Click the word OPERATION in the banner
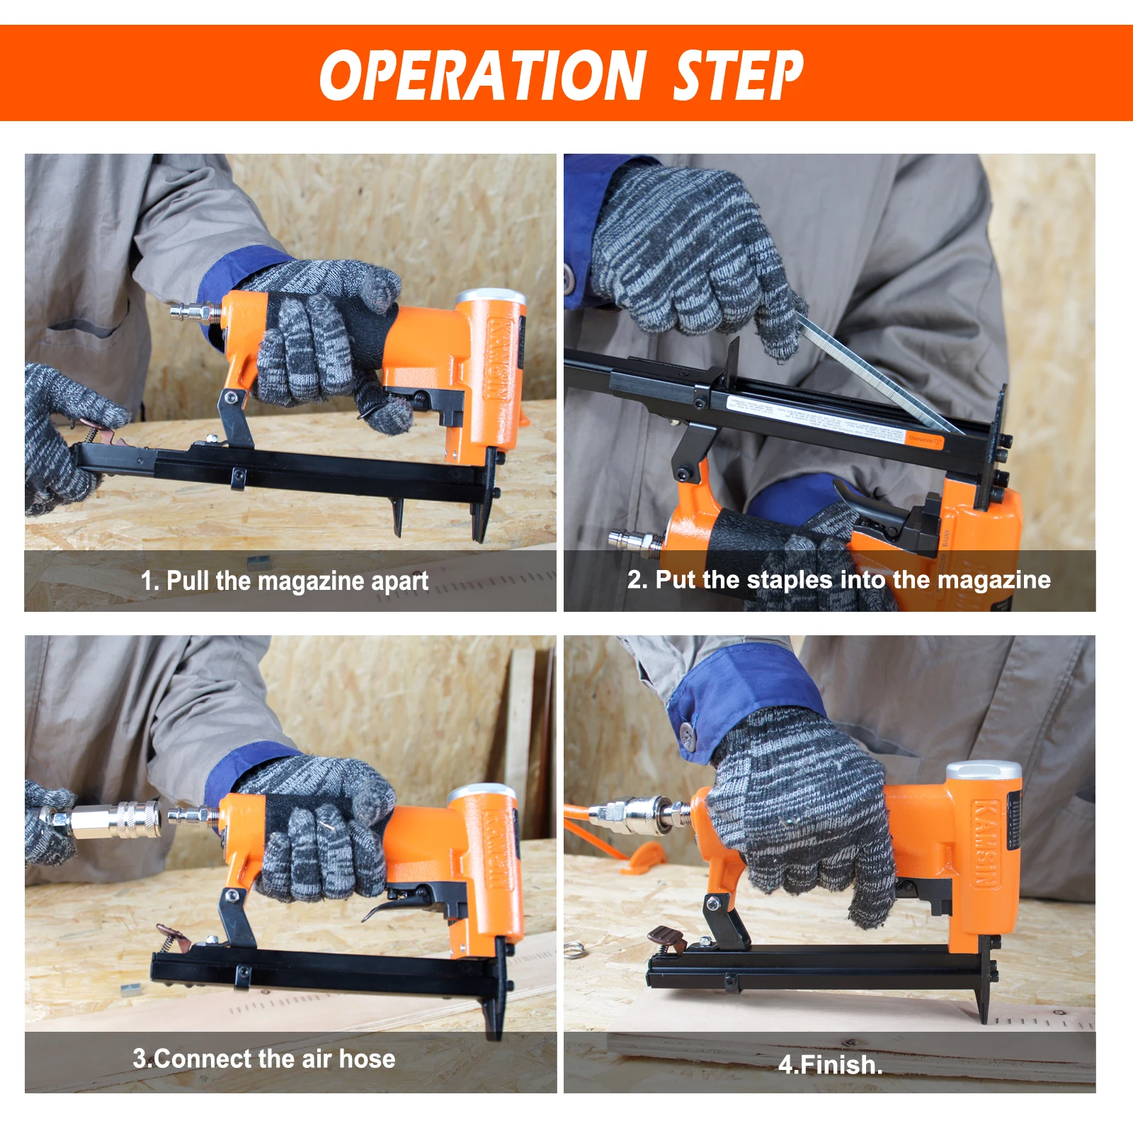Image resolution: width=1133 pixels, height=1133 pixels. (x=482, y=75)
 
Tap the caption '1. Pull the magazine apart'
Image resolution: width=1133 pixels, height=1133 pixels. (x=284, y=581)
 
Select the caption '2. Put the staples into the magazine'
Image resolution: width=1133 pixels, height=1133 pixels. (x=838, y=580)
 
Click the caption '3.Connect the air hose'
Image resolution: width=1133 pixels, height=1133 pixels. (x=264, y=1059)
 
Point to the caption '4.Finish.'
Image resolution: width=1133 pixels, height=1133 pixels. (x=830, y=1065)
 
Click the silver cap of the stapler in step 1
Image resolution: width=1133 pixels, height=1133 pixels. (x=491, y=298)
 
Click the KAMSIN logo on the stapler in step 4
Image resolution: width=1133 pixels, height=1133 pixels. (x=986, y=843)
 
